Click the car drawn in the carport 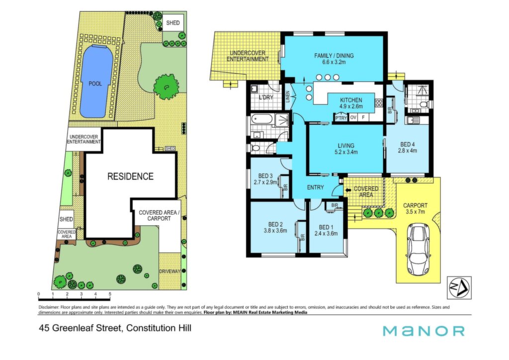[x=418, y=249]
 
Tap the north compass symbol [x=459, y=287]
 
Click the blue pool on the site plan [x=96, y=82]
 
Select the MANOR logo [x=424, y=331]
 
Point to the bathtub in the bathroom [x=262, y=120]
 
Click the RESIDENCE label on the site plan [x=131, y=177]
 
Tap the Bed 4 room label [x=408, y=147]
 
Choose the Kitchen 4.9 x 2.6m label [x=351, y=103]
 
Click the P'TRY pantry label [x=341, y=118]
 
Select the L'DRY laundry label [x=266, y=97]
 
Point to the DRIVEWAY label [x=170, y=271]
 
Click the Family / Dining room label [x=334, y=59]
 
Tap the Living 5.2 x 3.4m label [x=346, y=149]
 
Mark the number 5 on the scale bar [x=110, y=294]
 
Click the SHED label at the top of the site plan [x=172, y=23]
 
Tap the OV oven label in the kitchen [x=353, y=117]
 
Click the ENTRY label [x=315, y=187]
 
